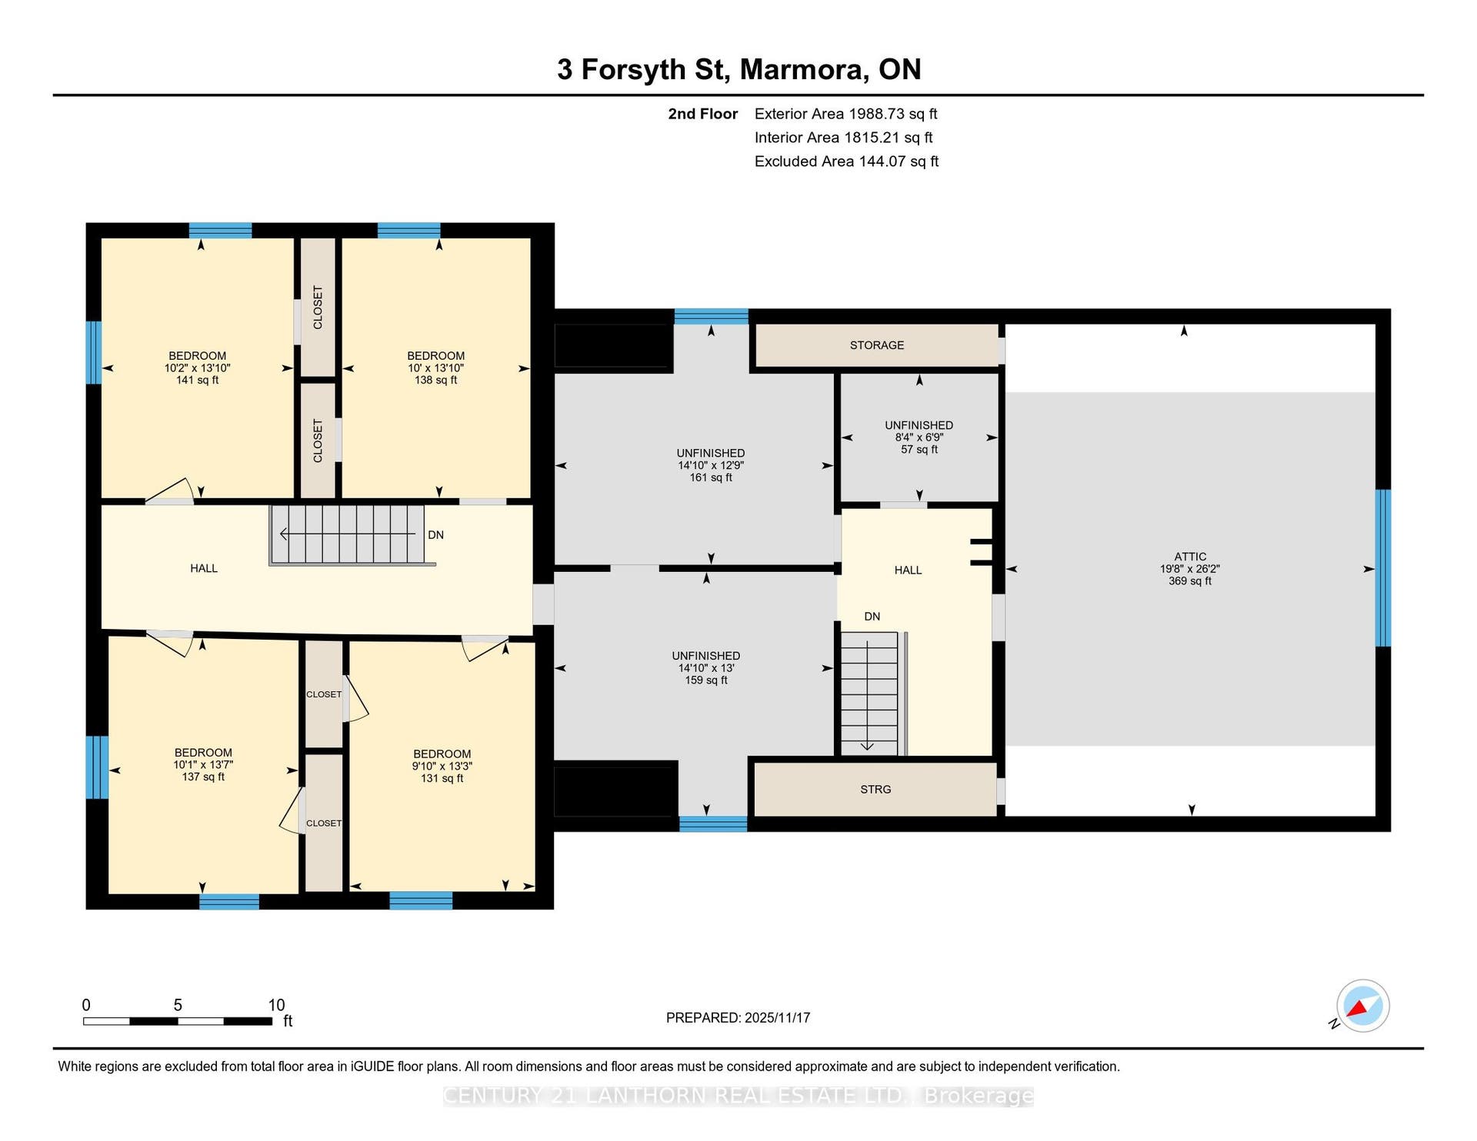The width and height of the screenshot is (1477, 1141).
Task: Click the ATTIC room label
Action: coord(1190,557)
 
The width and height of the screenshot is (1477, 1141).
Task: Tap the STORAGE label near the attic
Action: coord(877,345)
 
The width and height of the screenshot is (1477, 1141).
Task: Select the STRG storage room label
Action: coord(875,790)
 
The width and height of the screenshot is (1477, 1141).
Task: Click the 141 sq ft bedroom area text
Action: coord(197,381)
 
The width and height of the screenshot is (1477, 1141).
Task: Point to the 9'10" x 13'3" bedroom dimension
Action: coord(442,767)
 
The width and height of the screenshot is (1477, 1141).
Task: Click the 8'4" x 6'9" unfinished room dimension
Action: coord(919,437)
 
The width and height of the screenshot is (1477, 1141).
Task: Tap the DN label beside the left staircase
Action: coord(436,535)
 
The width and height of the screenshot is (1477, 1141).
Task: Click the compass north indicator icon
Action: coord(1362,1006)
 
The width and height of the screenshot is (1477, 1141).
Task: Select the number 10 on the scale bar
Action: coord(276,1005)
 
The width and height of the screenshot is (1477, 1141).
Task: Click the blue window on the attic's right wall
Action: coord(1383,568)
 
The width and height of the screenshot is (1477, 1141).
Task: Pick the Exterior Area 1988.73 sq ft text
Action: coord(846,114)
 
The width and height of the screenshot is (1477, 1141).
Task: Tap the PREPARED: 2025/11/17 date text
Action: coord(738,1018)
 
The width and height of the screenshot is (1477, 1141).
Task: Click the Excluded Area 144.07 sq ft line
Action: coord(847,161)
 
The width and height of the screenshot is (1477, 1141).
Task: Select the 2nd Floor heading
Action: coord(702,114)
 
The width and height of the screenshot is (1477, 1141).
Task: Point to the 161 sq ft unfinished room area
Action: coord(711,478)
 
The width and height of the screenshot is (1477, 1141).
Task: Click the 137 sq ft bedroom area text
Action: coord(203,777)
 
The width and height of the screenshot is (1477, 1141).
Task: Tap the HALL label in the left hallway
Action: coord(204,569)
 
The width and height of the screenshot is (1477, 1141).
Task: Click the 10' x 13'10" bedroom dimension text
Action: coord(435,368)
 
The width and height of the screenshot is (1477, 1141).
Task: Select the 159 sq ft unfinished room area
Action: coord(706,680)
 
